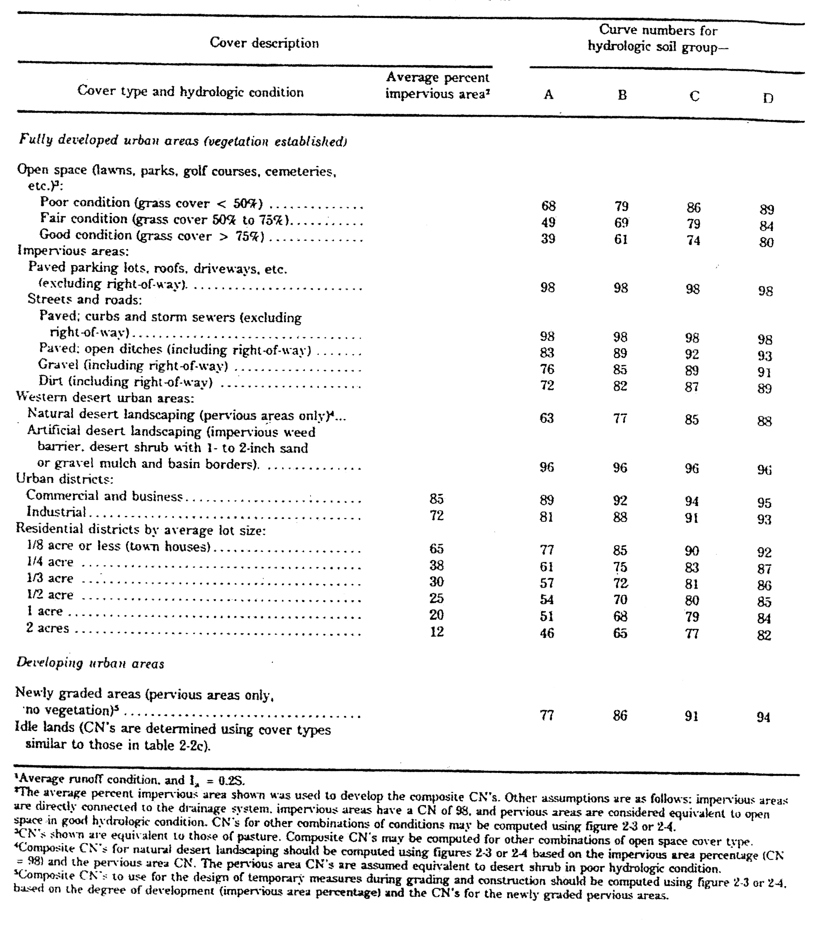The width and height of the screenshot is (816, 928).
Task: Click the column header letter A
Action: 548,95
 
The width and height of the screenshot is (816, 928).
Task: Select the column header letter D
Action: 768,98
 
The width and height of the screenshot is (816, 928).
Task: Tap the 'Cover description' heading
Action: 264,43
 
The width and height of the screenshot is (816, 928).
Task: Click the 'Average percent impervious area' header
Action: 437,86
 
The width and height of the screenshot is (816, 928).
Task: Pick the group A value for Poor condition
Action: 548,206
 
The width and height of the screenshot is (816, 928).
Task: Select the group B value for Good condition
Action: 621,239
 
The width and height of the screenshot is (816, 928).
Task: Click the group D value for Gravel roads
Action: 764,372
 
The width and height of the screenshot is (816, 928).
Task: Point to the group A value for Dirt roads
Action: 547,385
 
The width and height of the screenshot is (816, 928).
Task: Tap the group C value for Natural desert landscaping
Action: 692,419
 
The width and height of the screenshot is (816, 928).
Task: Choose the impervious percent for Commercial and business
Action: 437,499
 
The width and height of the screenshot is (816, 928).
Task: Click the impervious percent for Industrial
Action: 437,515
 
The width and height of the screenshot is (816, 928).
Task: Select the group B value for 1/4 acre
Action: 620,567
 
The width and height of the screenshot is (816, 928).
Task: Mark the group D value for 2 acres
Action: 764,635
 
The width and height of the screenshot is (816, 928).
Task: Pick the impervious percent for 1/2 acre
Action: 437,598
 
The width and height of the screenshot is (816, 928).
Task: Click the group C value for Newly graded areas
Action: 691,716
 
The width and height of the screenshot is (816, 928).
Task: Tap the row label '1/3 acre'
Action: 49,578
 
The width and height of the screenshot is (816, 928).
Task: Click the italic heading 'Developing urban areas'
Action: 90,663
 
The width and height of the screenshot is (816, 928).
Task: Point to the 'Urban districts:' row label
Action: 64,478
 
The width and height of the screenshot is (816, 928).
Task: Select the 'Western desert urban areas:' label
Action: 105,397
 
